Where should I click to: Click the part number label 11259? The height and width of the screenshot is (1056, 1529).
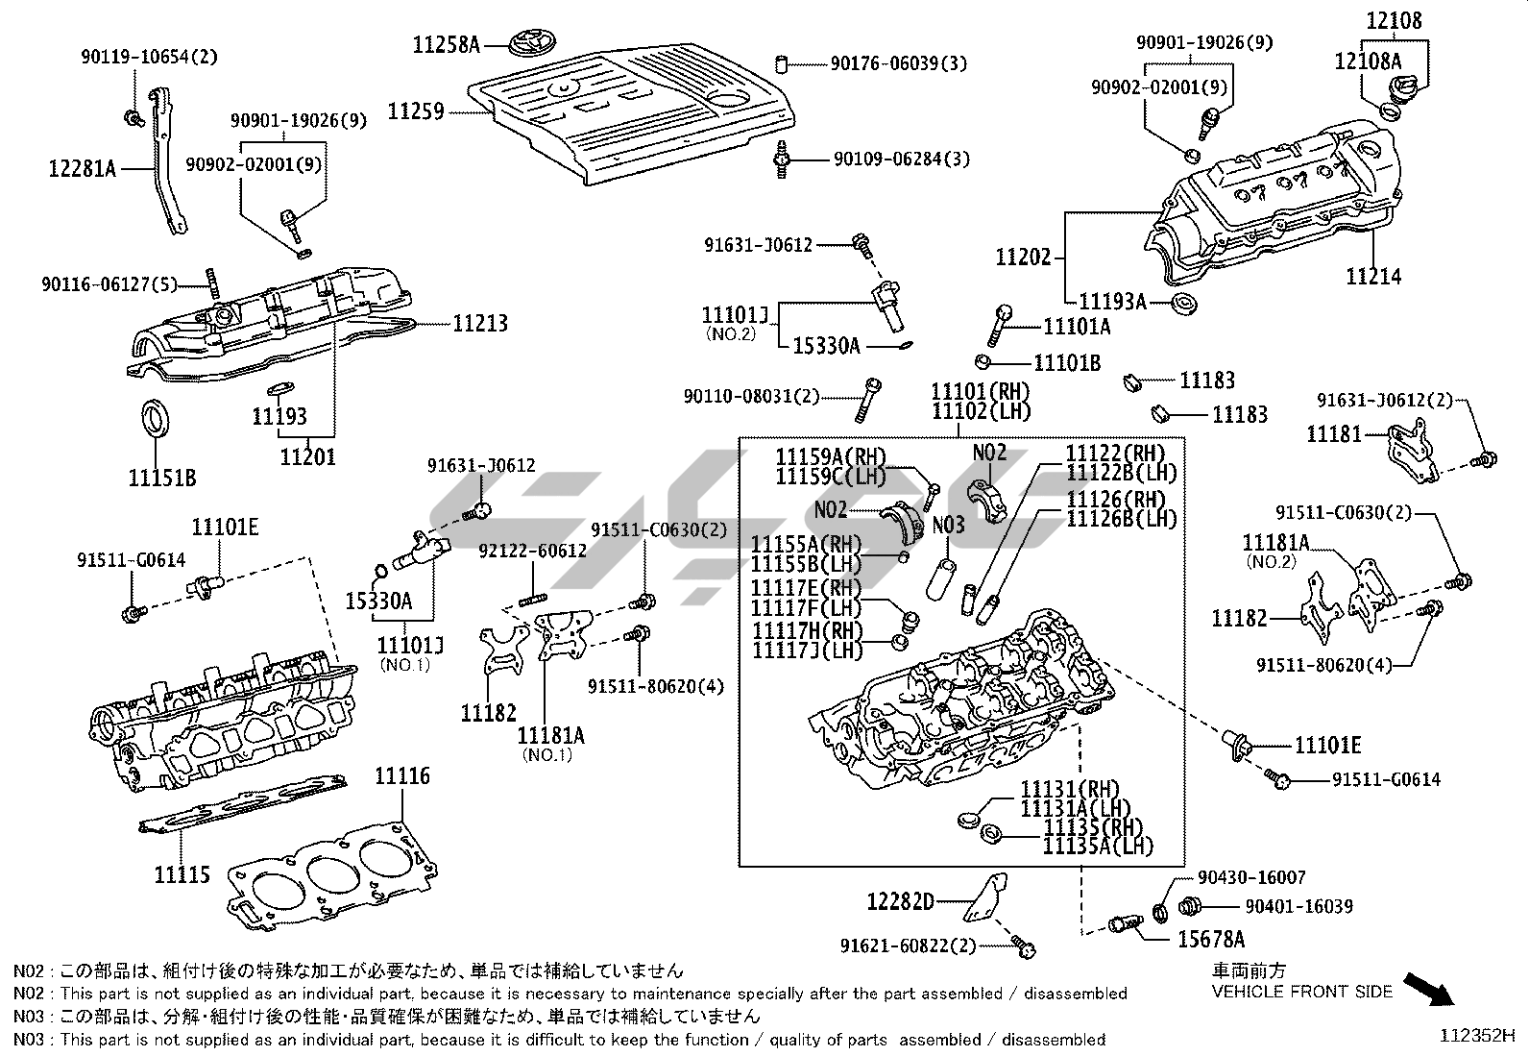[416, 111]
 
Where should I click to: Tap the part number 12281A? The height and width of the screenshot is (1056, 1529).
[82, 169]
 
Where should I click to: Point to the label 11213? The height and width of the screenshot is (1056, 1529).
[480, 324]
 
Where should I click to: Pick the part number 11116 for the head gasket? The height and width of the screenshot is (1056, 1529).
[402, 776]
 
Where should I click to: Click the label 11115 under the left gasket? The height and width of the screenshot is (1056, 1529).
[182, 874]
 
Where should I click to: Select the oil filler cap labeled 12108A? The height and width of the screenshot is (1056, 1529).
[1391, 110]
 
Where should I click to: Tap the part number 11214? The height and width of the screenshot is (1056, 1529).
[1372, 277]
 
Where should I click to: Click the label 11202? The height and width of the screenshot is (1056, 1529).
[1023, 258]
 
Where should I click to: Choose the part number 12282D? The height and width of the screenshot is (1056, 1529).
[900, 901]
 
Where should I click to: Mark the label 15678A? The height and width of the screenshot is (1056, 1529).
[1211, 939]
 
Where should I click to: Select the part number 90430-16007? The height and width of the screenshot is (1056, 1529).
[1251, 877]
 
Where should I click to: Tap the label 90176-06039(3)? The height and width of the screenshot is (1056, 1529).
[898, 63]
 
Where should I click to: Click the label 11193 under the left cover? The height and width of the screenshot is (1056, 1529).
[279, 416]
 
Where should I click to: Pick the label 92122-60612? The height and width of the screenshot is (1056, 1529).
[532, 551]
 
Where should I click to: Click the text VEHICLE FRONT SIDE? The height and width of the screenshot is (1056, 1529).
[1301, 992]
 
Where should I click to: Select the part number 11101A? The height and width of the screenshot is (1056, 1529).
[1076, 327]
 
